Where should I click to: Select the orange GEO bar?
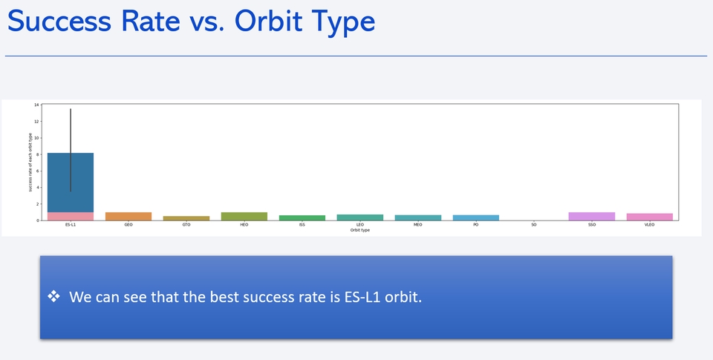(128, 216)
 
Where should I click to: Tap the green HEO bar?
(244, 216)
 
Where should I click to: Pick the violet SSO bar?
(591, 216)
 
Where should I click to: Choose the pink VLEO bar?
(649, 217)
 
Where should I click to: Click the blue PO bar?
(475, 217)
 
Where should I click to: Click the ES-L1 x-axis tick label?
(71, 224)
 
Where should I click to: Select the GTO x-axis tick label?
(186, 224)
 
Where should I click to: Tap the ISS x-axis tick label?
(302, 224)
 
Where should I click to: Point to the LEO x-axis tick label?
(360, 224)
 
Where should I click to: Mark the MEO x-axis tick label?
(418, 224)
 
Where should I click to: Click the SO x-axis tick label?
(533, 224)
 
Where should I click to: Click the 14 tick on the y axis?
(36, 105)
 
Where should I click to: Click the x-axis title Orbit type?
(360, 230)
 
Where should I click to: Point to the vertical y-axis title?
(30, 162)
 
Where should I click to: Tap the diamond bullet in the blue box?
(53, 297)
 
